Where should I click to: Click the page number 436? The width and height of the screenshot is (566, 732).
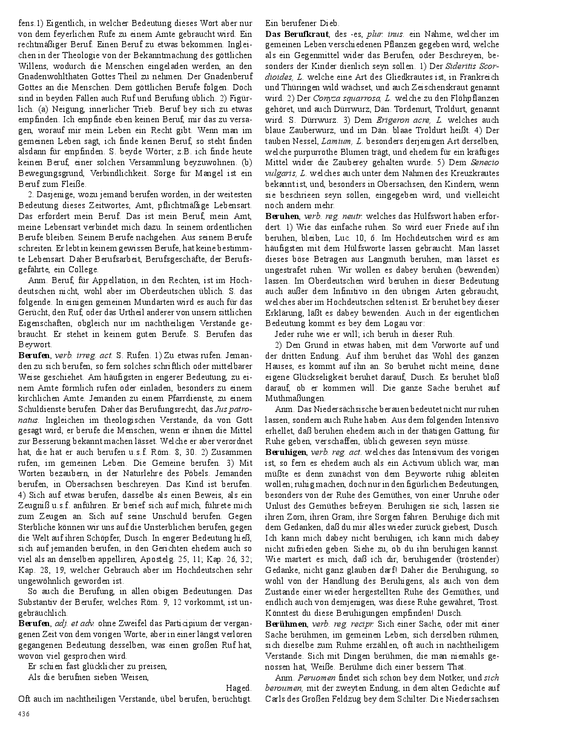click(24, 714)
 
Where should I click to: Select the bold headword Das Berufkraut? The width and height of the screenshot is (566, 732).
click(294, 34)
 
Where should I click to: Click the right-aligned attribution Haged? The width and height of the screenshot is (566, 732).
click(239, 688)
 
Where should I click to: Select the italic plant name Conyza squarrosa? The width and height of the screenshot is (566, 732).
click(343, 97)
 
